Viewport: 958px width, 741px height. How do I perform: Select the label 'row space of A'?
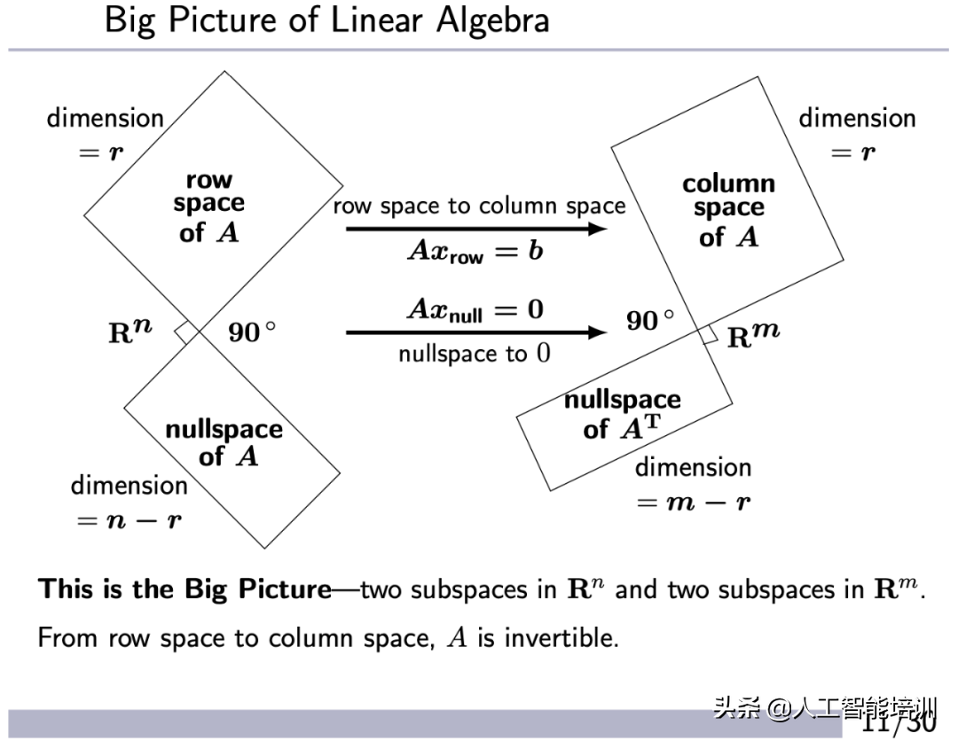[x=209, y=206]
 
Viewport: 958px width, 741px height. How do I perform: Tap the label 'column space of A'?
[x=728, y=210]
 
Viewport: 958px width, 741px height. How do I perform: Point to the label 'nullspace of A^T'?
[x=622, y=414]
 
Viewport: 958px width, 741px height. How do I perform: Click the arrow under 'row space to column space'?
[x=475, y=229]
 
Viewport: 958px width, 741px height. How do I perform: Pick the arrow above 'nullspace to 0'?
[x=475, y=332]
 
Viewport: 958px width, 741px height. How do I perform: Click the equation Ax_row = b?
[x=475, y=251]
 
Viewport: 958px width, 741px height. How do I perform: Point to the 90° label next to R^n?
[x=252, y=332]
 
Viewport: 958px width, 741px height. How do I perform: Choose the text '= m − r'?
[x=694, y=502]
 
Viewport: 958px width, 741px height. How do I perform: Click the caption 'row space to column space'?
[x=479, y=207]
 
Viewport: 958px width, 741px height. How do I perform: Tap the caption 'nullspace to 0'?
[x=474, y=354]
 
